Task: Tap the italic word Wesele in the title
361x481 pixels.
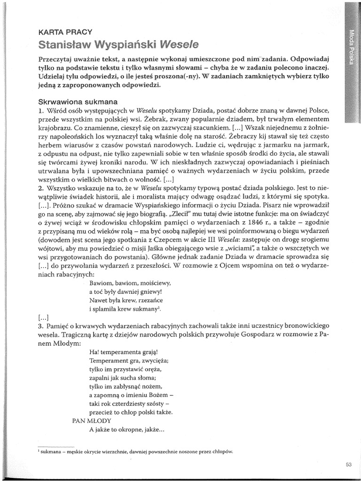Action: pyautogui.click(x=180, y=45)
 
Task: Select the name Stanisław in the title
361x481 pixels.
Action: pyautogui.click(x=65, y=45)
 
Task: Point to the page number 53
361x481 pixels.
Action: pyautogui.click(x=348, y=465)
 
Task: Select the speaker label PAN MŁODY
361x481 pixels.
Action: pyautogui.click(x=91, y=420)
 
